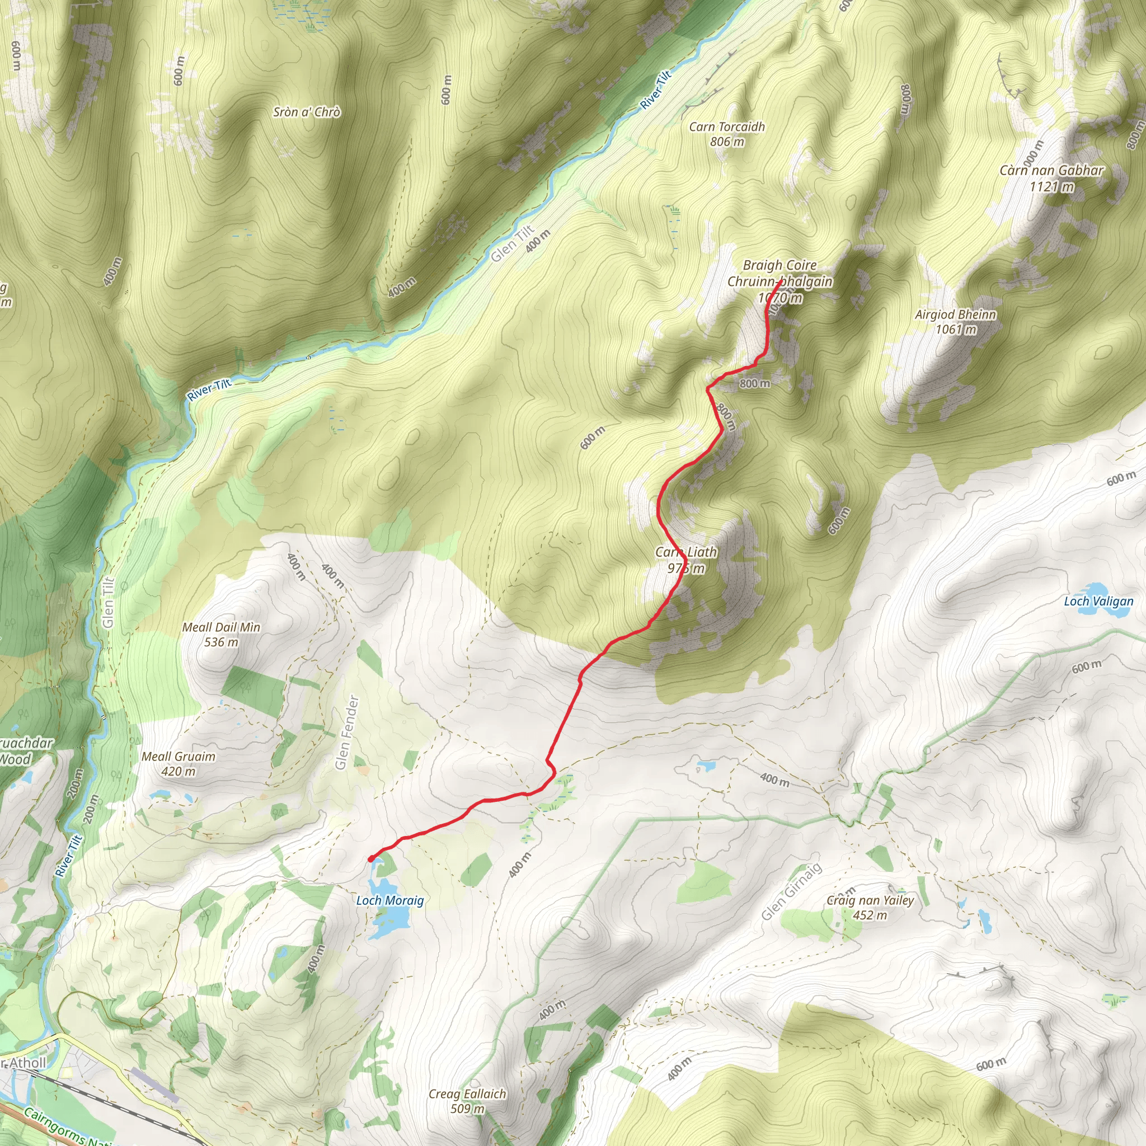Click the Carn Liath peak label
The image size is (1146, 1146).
pyautogui.click(x=685, y=560)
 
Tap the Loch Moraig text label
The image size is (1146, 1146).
pyautogui.click(x=389, y=900)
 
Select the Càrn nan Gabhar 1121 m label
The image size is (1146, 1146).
pyautogui.click(x=1051, y=178)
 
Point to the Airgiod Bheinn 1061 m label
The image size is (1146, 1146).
pyautogui.click(x=955, y=322)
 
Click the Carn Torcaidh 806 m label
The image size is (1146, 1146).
pyautogui.click(x=727, y=134)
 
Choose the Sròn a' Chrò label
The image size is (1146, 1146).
pyautogui.click(x=307, y=112)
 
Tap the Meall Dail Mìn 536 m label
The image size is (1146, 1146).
pyautogui.click(x=220, y=634)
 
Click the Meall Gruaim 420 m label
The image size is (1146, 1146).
pyautogui.click(x=178, y=763)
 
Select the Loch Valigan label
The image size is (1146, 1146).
pyautogui.click(x=1098, y=601)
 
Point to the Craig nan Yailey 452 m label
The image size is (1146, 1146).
pyautogui.click(x=870, y=908)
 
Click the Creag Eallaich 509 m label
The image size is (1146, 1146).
pyautogui.click(x=467, y=1101)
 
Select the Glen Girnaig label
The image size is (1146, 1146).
pyautogui.click(x=791, y=891)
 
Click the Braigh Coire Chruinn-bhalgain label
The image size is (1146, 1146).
pyautogui.click(x=779, y=274)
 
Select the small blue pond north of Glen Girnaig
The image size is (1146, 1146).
pyautogui.click(x=706, y=766)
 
